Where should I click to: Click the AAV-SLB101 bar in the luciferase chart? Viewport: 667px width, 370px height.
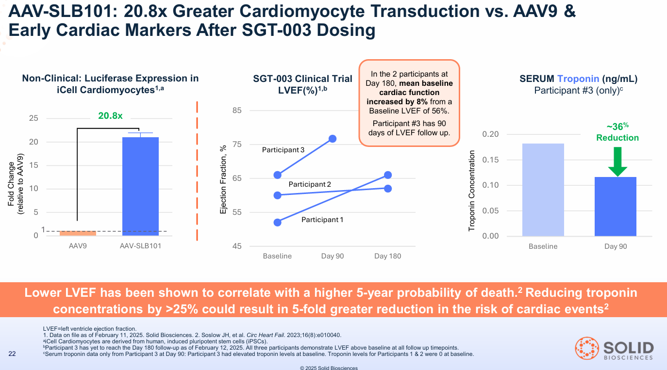click(140, 186)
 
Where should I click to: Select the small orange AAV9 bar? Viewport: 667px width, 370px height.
click(78, 233)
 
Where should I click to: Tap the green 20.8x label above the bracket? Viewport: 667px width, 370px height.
click(111, 116)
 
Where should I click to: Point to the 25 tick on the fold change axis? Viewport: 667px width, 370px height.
click(33, 118)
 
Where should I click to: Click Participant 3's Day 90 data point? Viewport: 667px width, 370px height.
click(333, 139)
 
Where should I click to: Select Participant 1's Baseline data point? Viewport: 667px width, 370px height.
click(278, 223)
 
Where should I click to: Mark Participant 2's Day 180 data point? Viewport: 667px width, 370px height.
click(388, 188)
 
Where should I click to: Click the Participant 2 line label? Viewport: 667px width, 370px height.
click(310, 184)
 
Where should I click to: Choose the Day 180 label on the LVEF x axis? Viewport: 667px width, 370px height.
click(387, 256)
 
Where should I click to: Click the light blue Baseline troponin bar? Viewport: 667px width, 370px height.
click(543, 190)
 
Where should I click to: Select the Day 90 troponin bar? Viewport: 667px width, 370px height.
click(616, 207)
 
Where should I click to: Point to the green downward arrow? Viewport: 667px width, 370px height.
click(617, 161)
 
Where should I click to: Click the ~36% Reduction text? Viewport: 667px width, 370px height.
click(617, 132)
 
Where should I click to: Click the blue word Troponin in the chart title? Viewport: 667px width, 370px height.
click(578, 79)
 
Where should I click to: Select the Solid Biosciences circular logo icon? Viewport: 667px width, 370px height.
click(586, 349)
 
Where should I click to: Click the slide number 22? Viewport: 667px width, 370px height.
click(13, 354)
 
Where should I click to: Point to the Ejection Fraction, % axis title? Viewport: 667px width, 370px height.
click(224, 178)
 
